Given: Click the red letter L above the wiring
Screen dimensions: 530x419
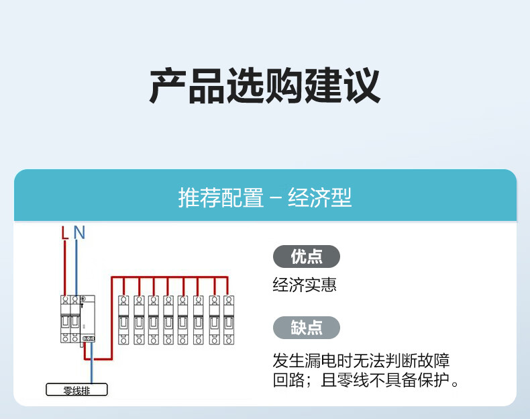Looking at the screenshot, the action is click(x=64, y=233).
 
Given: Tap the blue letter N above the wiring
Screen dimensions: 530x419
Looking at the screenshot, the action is click(x=79, y=233).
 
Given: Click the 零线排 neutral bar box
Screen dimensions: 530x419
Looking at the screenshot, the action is click(x=76, y=390).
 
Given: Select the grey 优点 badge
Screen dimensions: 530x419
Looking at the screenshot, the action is click(x=307, y=257).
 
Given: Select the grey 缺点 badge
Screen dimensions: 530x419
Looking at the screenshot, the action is click(x=307, y=328).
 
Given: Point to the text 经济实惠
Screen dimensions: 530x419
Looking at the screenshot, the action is click(x=305, y=285).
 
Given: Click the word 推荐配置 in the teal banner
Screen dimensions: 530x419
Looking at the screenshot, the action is click(x=221, y=198).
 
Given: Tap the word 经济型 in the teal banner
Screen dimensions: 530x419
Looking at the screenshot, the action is click(x=320, y=198).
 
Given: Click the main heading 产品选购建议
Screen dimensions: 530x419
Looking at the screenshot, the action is click(x=265, y=87).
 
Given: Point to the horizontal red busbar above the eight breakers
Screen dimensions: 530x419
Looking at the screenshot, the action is click(x=171, y=277).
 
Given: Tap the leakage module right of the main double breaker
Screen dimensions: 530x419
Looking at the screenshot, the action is click(x=87, y=318).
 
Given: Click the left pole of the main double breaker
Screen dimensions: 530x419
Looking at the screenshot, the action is click(x=65, y=319).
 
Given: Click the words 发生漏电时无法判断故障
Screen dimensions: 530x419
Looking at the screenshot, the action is click(x=361, y=361).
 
